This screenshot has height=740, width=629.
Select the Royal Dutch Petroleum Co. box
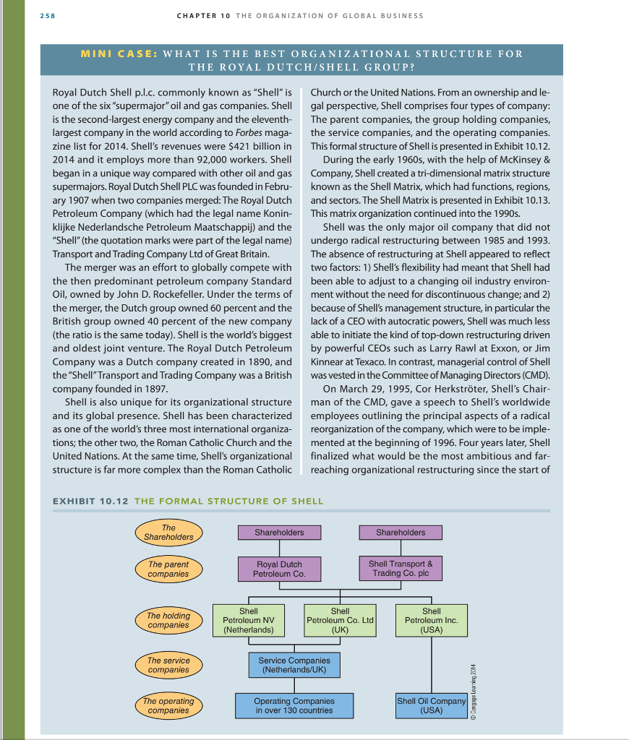click(x=279, y=569)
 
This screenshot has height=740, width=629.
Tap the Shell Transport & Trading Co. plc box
click(x=401, y=568)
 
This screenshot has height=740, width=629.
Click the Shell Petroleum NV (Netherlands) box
click(x=249, y=621)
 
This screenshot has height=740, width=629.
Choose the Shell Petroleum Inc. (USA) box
click(x=431, y=621)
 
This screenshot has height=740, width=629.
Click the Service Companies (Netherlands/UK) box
click(x=294, y=665)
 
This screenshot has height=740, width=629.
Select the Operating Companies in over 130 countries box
click(x=294, y=705)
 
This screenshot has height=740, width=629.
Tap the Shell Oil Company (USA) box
click(x=431, y=705)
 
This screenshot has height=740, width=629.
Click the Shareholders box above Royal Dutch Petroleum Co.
click(x=279, y=533)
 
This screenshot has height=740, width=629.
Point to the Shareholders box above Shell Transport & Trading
click(x=401, y=533)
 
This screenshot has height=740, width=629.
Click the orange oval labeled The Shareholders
click(x=168, y=533)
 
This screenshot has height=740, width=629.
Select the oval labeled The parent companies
click(x=168, y=569)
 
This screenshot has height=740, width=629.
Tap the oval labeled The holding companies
click(x=168, y=620)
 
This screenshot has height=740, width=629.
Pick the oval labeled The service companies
click(x=168, y=665)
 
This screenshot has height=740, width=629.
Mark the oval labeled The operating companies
click(x=168, y=706)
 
